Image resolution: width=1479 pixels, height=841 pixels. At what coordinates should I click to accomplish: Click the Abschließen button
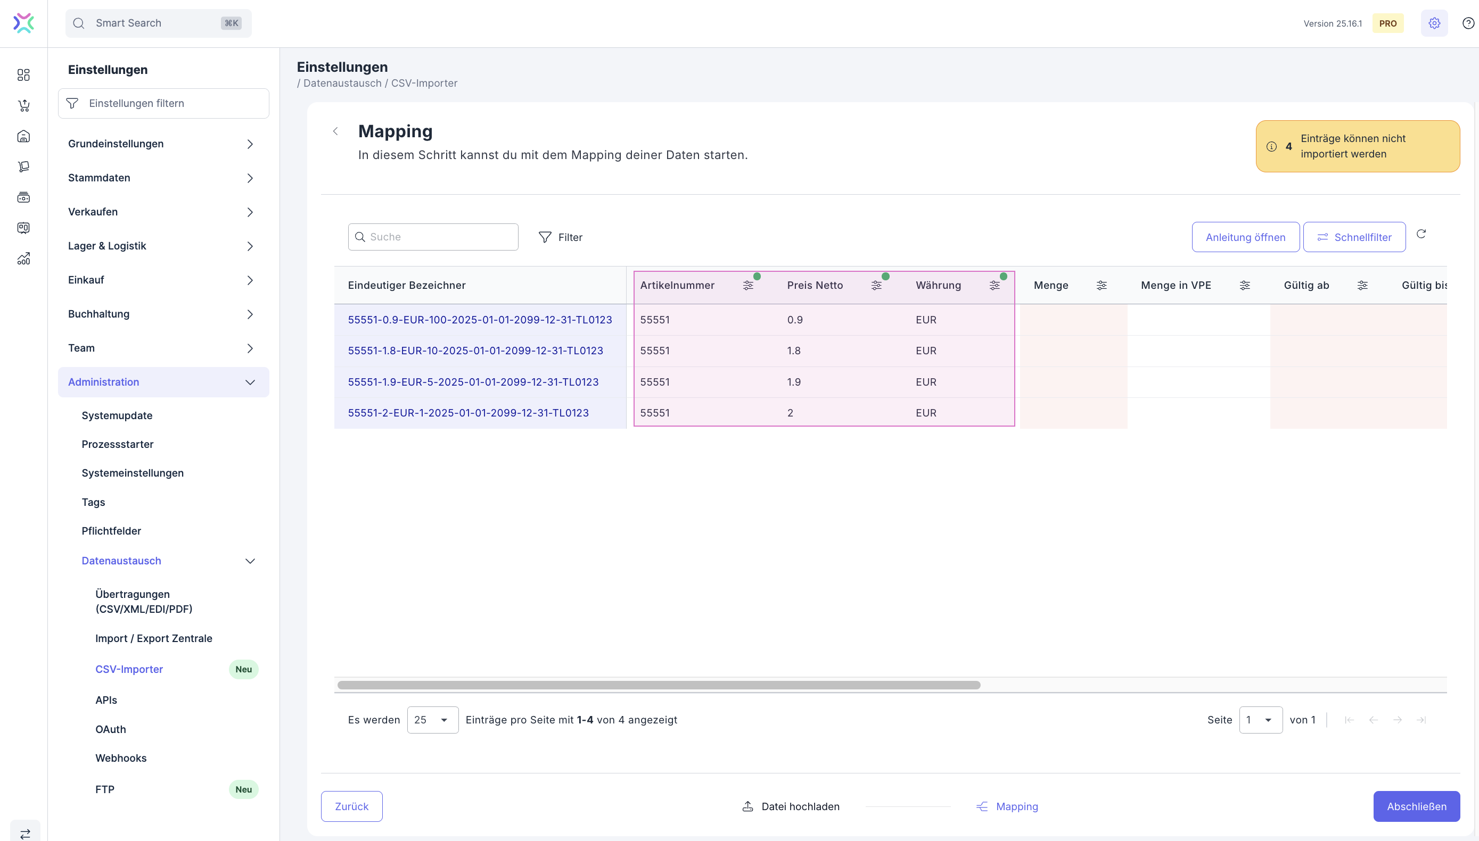click(x=1416, y=806)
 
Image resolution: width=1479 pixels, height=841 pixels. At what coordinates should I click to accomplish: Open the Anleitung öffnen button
click(x=1245, y=237)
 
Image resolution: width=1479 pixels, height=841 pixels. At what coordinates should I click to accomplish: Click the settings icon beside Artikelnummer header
click(x=748, y=285)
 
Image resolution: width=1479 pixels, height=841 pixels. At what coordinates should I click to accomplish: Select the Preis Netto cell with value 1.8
click(x=794, y=351)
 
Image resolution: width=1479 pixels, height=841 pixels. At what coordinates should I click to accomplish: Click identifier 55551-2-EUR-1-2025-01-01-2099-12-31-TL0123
click(x=468, y=413)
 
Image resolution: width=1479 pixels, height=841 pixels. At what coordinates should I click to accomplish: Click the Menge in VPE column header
click(x=1176, y=285)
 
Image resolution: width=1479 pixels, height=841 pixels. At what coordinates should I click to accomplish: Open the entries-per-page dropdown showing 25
click(x=432, y=720)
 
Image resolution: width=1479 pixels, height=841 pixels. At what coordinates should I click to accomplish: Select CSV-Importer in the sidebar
click(x=129, y=669)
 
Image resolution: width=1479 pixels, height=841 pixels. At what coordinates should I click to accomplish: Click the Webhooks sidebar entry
click(x=121, y=758)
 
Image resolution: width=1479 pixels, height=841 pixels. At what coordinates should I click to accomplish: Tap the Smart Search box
click(x=158, y=23)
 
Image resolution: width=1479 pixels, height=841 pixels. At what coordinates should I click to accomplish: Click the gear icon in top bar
click(x=1434, y=23)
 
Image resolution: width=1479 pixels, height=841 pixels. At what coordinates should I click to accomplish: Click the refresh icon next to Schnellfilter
click(x=1420, y=234)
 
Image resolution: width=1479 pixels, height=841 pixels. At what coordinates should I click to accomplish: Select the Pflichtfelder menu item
click(x=111, y=531)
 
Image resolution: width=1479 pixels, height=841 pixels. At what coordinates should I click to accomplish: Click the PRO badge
click(x=1387, y=23)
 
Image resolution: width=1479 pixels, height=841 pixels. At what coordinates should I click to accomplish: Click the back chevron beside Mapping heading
click(x=335, y=131)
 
